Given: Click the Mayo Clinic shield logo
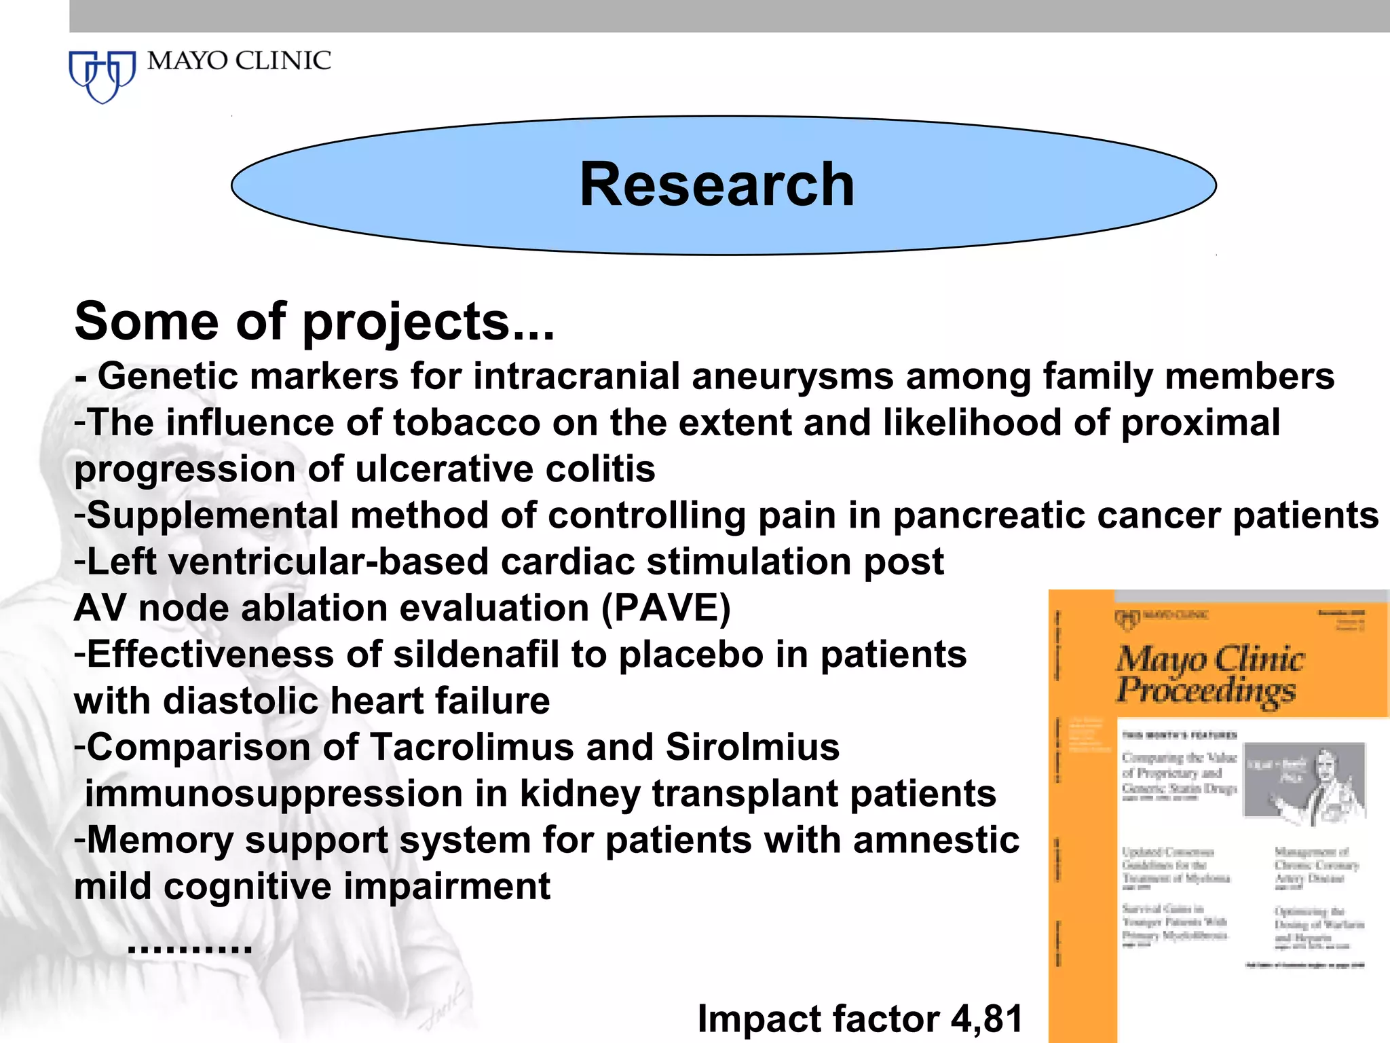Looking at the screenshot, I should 102,76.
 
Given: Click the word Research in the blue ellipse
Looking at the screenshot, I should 717,185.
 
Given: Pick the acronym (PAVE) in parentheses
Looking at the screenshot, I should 666,608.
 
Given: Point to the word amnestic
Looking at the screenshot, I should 936,841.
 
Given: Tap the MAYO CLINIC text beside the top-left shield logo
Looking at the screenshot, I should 239,61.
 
